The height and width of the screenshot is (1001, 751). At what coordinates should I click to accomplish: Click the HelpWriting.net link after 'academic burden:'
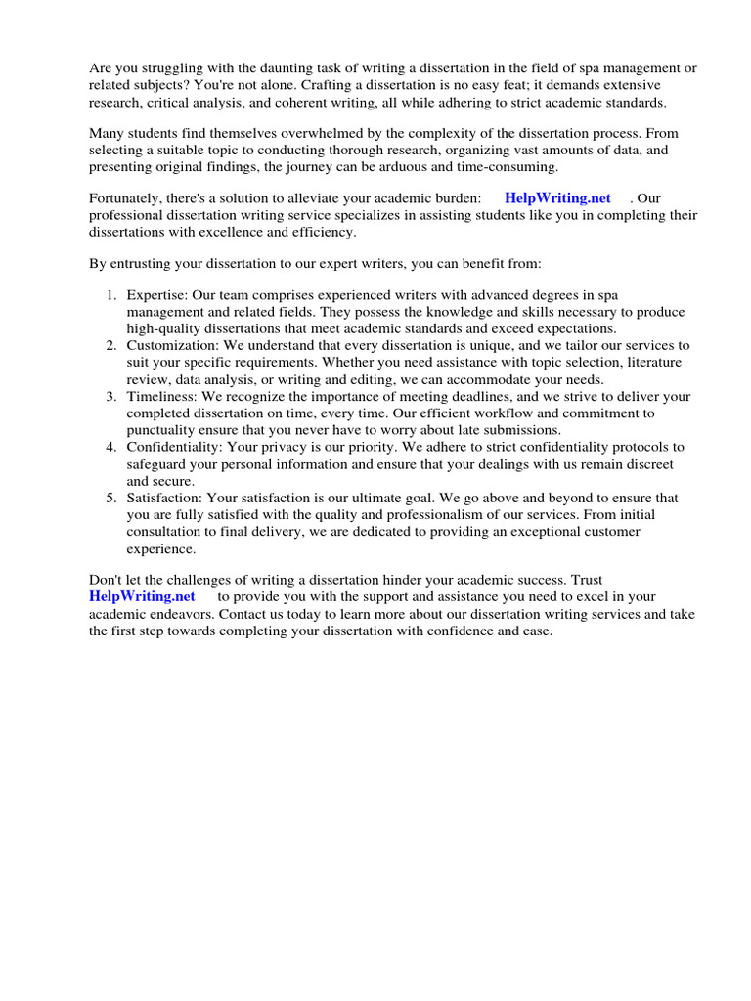[557, 198]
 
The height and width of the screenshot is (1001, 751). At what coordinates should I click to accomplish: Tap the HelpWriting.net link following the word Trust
[142, 596]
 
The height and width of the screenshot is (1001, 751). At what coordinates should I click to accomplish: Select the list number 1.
[111, 294]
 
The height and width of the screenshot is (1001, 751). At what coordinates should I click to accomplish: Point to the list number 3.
[111, 396]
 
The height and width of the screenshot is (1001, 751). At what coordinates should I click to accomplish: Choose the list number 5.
[111, 498]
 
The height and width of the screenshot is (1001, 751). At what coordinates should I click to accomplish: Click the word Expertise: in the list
[157, 294]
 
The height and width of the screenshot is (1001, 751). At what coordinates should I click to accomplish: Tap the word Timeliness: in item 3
[162, 396]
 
